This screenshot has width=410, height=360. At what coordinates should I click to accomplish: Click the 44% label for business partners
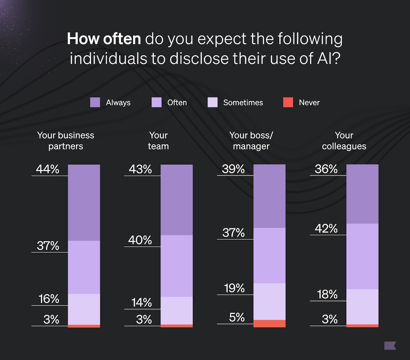click(x=48, y=169)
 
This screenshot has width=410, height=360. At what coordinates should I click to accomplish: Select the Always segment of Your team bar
click(x=176, y=200)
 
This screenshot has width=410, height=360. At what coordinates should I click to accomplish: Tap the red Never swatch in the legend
click(x=288, y=103)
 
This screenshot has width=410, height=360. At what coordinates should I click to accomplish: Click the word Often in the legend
click(x=177, y=103)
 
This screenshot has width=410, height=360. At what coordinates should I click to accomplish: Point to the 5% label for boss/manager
click(x=237, y=317)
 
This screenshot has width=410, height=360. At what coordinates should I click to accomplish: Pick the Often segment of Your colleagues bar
click(x=362, y=256)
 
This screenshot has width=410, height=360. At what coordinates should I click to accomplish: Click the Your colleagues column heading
click(x=344, y=141)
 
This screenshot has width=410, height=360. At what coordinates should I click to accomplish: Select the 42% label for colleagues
click(x=326, y=228)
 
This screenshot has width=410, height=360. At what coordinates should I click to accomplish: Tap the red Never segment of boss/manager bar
click(x=269, y=324)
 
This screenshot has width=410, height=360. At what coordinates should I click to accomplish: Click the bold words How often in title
click(x=104, y=40)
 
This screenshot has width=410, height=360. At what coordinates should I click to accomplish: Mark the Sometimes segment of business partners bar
click(x=84, y=309)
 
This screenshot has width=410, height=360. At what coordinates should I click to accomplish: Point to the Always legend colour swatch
click(x=95, y=103)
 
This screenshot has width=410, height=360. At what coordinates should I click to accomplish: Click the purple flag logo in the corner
click(x=390, y=345)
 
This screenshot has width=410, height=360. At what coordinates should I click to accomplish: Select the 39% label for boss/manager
click(x=233, y=169)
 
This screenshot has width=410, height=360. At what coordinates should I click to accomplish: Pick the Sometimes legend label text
click(x=243, y=103)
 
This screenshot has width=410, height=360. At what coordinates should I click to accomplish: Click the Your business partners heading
click(x=66, y=141)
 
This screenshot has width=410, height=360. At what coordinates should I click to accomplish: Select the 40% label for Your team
click(x=140, y=240)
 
